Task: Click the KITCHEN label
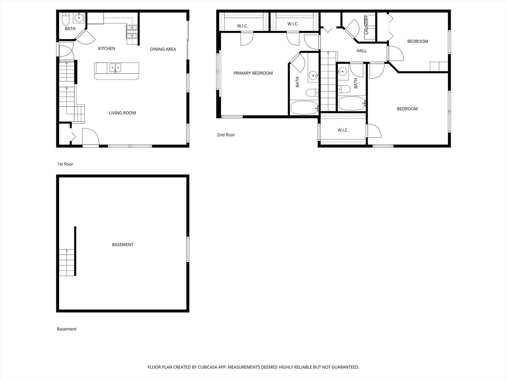click(x=106, y=49)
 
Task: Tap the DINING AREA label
click(x=163, y=49)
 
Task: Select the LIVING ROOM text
click(x=123, y=113)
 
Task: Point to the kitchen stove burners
click(x=132, y=32)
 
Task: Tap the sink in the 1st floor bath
click(x=79, y=18)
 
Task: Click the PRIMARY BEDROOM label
click(x=253, y=73)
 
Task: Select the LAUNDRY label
click(x=367, y=25)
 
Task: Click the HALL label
click(x=361, y=51)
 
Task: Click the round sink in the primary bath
click(x=313, y=75)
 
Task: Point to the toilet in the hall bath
click(x=344, y=89)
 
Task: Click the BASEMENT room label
click(x=123, y=245)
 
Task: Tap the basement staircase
click(x=67, y=262)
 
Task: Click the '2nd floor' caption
click(x=226, y=135)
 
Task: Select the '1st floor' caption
click(x=65, y=164)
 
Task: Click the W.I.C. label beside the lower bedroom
click(x=343, y=130)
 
